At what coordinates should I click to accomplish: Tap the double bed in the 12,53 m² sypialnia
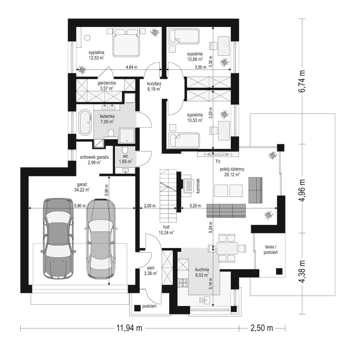(x=126, y=42)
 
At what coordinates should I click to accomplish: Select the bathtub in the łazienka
(x=85, y=123)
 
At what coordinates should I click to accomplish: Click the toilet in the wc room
(x=125, y=150)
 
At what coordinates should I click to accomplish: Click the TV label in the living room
(x=218, y=162)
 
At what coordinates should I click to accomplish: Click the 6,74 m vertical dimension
(x=302, y=81)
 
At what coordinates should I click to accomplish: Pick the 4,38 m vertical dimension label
(x=302, y=271)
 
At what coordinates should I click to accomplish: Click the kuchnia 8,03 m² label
(x=202, y=272)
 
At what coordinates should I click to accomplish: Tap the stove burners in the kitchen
(x=183, y=283)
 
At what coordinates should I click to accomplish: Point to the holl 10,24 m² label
(x=166, y=229)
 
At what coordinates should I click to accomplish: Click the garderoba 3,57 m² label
(x=107, y=85)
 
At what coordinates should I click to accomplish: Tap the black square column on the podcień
(x=138, y=308)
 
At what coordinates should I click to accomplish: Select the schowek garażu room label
(x=94, y=160)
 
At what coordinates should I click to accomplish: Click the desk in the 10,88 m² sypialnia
(x=224, y=46)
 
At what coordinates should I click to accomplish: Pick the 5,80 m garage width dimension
(x=80, y=206)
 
